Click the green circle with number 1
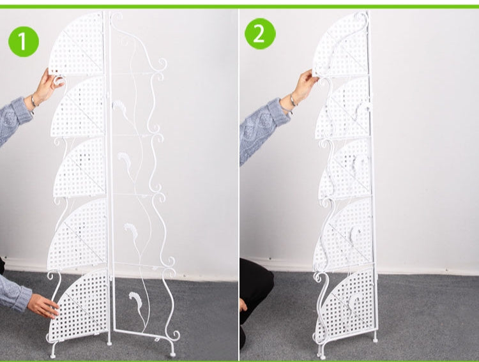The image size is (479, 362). coord(24,42)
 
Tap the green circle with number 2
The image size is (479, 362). coord(259,33)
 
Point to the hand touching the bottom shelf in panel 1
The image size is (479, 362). coord(43,306)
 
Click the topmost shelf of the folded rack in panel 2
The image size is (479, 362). coord(342,45)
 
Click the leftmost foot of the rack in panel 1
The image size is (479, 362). coord(54,351)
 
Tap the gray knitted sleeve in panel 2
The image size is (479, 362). coord(262,128)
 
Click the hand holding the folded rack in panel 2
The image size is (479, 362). coord(305,83)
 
